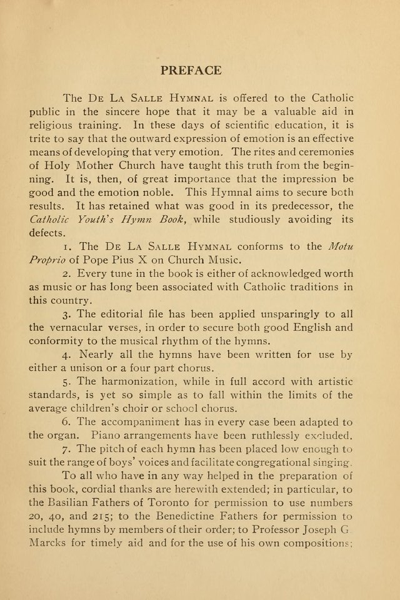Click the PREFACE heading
tap(191, 70)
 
